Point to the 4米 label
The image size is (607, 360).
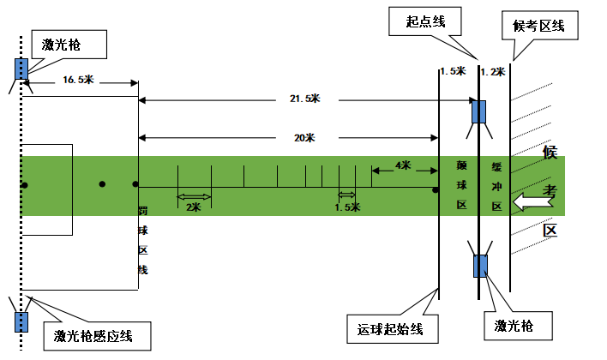coord(402,165)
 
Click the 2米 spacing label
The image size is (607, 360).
coord(194,207)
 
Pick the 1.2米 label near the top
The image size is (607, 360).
coord(491,72)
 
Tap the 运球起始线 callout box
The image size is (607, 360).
coord(388,327)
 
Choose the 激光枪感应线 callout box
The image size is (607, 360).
coord(98,334)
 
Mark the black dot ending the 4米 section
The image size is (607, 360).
coord(436,185)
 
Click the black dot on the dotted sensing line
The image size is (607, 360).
coord(25,185)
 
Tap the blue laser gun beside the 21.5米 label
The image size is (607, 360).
coord(479,111)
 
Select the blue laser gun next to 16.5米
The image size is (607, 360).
coord(20,68)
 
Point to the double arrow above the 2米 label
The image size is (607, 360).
coord(194,198)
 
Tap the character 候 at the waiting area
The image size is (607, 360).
coord(550,153)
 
